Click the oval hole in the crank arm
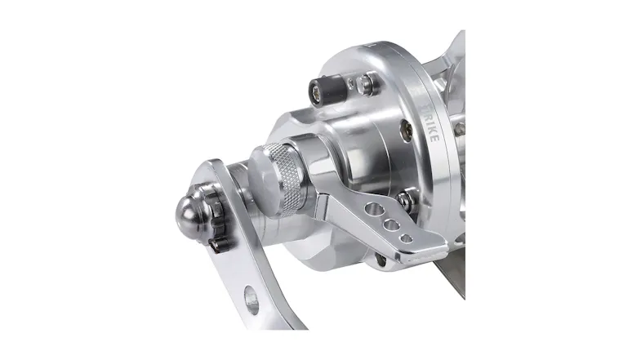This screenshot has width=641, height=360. (251, 301)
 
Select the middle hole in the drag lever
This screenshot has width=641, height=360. (392, 224)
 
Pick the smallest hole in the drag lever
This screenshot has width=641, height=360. (406, 238)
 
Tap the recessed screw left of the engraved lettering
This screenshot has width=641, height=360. (403, 129)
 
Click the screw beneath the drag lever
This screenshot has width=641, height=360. (381, 259)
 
